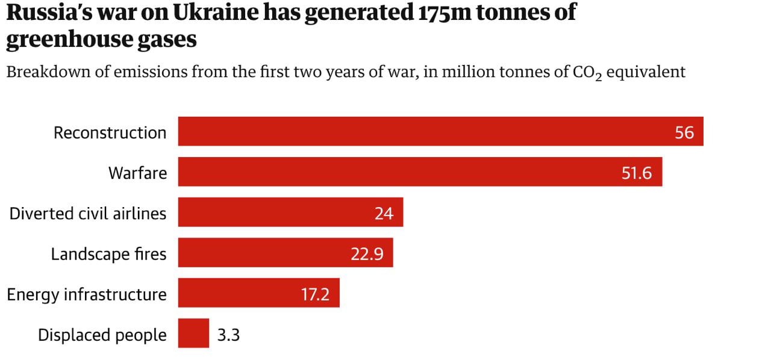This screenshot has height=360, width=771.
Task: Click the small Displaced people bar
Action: [193, 334]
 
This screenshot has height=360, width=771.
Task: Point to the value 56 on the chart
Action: [684, 132]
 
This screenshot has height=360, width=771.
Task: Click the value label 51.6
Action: [637, 173]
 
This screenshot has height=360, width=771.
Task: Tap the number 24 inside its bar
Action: [384, 214]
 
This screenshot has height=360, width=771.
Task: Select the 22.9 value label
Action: [367, 254]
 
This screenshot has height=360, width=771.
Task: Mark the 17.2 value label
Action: [314, 294]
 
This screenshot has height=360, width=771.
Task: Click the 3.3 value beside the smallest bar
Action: [228, 335]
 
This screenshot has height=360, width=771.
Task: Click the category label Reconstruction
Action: [110, 132]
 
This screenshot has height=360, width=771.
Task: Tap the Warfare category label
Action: [137, 173]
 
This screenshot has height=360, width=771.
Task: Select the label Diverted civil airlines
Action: [88, 213]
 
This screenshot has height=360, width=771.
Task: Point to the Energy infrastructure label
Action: [87, 294]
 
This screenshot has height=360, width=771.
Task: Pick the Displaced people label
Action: [102, 335]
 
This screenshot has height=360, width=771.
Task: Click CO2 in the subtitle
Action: [590, 73]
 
